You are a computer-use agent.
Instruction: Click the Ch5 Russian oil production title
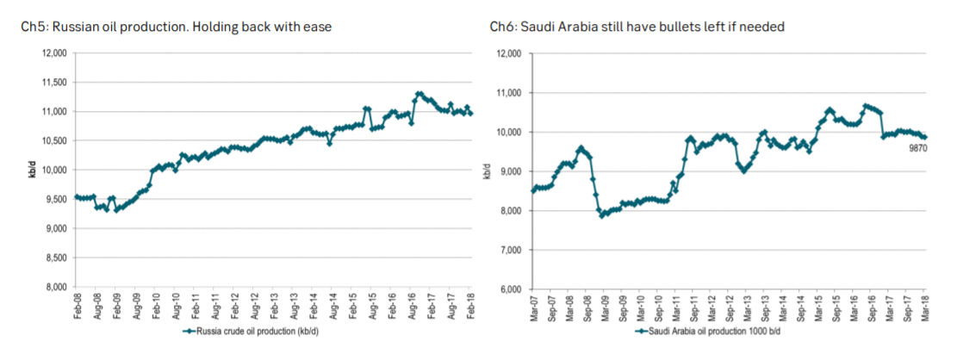pos(177,28)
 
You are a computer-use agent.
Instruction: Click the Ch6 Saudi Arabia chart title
pos(637,28)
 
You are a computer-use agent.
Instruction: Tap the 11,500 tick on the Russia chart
pos(54,83)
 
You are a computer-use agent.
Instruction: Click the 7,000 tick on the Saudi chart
pos(509,251)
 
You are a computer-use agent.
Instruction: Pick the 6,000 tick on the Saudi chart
pos(509,289)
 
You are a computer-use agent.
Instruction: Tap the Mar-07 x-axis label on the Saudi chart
pos(532,307)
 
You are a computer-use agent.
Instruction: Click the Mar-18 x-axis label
pos(925,307)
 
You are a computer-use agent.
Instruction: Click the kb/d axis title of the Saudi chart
pos(487,171)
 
